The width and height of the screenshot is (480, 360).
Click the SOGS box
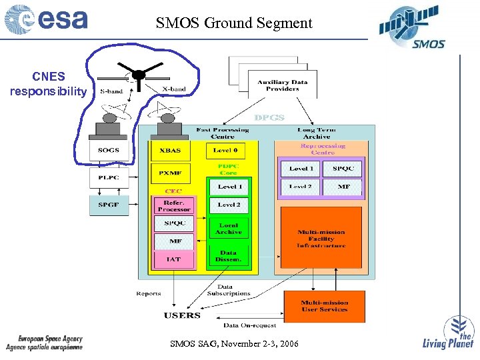(x=108, y=151)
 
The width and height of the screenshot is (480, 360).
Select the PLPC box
(x=108, y=177)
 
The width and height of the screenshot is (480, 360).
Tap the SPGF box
(x=108, y=205)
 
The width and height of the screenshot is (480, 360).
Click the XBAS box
(x=170, y=151)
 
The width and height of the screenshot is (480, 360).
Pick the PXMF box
(x=170, y=173)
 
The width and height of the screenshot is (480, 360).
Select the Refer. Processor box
(x=174, y=205)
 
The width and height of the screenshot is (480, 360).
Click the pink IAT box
(x=174, y=259)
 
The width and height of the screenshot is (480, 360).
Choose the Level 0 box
(x=228, y=151)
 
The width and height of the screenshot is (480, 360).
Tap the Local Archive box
(x=229, y=229)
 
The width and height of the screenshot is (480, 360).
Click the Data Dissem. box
(x=228, y=255)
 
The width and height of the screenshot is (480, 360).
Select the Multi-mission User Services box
(x=324, y=306)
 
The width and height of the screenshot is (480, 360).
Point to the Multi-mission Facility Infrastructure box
(x=321, y=239)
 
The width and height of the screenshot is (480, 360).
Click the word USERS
(x=182, y=315)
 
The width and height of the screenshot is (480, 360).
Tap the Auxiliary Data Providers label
(x=283, y=85)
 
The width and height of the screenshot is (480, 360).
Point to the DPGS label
(x=269, y=117)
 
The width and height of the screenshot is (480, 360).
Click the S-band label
(x=111, y=91)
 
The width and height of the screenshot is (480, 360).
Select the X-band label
(x=174, y=89)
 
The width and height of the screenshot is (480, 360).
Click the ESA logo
(x=46, y=19)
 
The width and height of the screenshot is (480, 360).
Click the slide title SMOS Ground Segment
(x=234, y=23)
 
